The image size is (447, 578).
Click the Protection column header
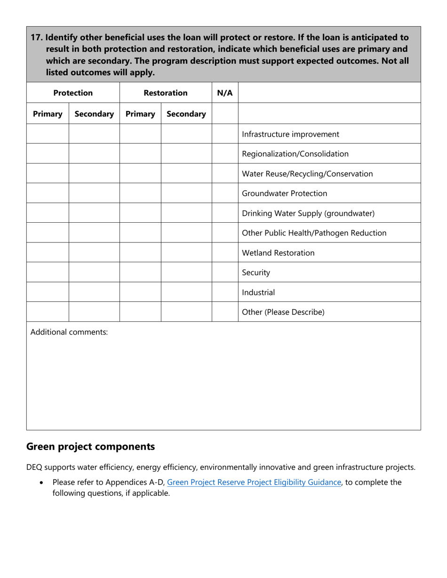73,93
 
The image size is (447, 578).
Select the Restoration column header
166,93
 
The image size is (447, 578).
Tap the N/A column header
225,93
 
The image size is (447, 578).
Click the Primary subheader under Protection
48,114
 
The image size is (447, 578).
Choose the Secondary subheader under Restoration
186,114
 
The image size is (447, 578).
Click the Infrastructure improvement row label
290,134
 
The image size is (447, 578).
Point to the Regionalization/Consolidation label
295,154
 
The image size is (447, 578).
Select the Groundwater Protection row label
284,194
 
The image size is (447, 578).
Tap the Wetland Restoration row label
278,253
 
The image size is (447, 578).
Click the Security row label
256,273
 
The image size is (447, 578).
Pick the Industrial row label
258,292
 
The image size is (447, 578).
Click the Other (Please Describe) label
283,312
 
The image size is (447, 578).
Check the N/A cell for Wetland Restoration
225,253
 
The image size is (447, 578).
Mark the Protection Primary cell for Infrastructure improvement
48,134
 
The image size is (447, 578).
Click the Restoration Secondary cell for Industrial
186,292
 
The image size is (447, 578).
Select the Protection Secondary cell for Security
94,273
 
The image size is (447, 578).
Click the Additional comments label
69,332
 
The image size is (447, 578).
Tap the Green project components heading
90,446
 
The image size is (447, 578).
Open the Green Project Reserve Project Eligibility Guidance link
254,482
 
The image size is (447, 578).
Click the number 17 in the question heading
36,38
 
